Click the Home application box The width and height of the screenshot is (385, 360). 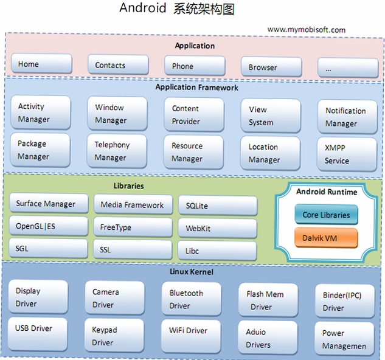point(41,64)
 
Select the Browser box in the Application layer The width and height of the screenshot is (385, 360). point(271,67)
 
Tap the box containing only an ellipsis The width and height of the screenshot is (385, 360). point(348,67)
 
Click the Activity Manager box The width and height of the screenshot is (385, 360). point(41,112)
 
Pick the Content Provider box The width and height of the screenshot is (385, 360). point(194,115)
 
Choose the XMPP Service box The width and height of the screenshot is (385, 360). point(347,154)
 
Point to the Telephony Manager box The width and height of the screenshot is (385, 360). point(117,151)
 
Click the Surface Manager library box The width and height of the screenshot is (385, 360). point(49,203)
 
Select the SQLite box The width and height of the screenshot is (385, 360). point(218,206)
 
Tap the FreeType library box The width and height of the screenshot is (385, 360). point(133,227)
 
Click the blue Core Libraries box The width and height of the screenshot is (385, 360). point(326,215)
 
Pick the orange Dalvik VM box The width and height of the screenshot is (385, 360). point(326,238)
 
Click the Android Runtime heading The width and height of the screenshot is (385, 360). point(327,192)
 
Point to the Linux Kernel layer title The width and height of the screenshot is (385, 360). point(192,272)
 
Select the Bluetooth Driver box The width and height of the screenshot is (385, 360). point(192,299)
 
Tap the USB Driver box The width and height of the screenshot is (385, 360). point(38,334)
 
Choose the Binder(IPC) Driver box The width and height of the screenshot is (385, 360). point(345,301)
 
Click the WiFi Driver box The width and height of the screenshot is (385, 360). point(191,336)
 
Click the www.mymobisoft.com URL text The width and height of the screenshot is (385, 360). point(306,30)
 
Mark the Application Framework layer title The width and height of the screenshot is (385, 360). point(196,87)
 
